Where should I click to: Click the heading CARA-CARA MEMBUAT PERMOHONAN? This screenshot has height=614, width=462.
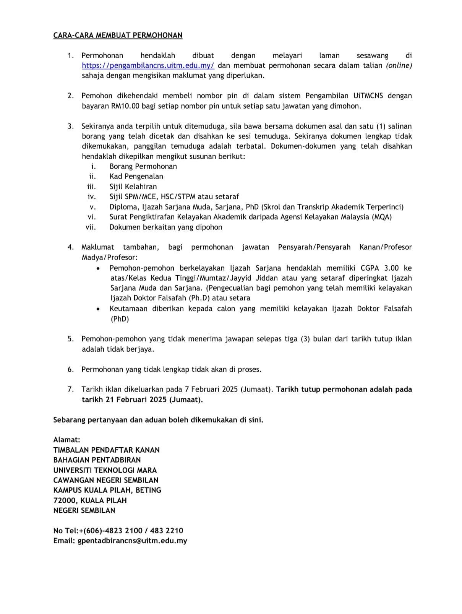(118, 36)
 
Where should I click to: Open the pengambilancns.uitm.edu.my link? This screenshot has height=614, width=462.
(148, 65)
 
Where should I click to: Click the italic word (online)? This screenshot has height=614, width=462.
(399, 65)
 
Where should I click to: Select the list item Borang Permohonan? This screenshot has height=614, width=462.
(143, 166)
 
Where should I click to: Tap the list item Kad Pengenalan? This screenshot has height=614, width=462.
(136, 176)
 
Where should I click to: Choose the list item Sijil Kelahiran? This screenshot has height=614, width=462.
(133, 187)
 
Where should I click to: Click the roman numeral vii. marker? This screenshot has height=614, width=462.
(91, 227)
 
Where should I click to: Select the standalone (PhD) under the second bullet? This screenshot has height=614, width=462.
(120, 318)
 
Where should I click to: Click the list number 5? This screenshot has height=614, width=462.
(71, 339)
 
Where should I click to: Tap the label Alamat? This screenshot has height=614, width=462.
(67, 440)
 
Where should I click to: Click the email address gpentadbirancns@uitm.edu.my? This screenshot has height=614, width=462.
(132, 541)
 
